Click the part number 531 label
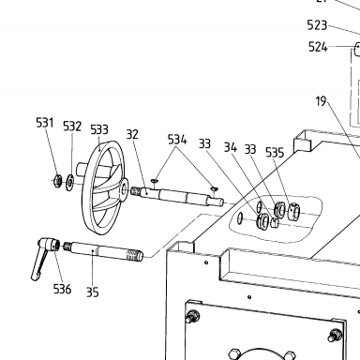[x=45, y=123]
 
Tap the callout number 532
[x=72, y=127]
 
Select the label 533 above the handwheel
[x=99, y=129]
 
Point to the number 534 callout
[x=177, y=140]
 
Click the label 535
[x=275, y=152]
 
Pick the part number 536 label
[x=62, y=289]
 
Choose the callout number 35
[x=92, y=292]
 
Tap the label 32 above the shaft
[x=132, y=134]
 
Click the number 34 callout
[x=231, y=147]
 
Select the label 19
[x=321, y=101]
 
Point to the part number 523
[x=317, y=25]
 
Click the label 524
[x=318, y=47]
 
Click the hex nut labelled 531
[x=57, y=180]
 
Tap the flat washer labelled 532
[x=69, y=182]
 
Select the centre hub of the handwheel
[x=124, y=189]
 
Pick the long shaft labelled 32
[x=177, y=196]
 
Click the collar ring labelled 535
[x=293, y=212]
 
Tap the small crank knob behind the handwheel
[x=82, y=168]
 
